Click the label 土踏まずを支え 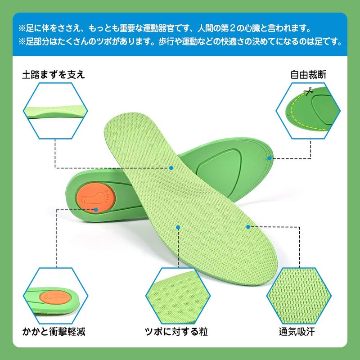click(54, 74)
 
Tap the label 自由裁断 click(308, 74)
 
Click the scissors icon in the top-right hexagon click(308, 92)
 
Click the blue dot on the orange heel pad click(96, 209)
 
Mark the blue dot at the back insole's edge click(269, 158)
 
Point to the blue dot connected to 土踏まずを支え click(171, 168)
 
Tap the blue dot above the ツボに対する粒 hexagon click(179, 227)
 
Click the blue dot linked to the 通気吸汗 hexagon click(248, 227)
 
